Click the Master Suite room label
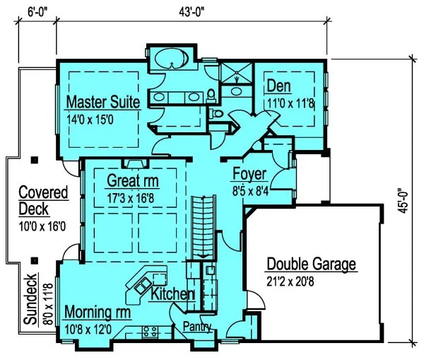pyautogui.click(x=103, y=102)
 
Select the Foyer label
pyautogui.click(x=249, y=174)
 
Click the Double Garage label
pyautogui.click(x=312, y=265)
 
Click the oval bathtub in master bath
pyautogui.click(x=170, y=59)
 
